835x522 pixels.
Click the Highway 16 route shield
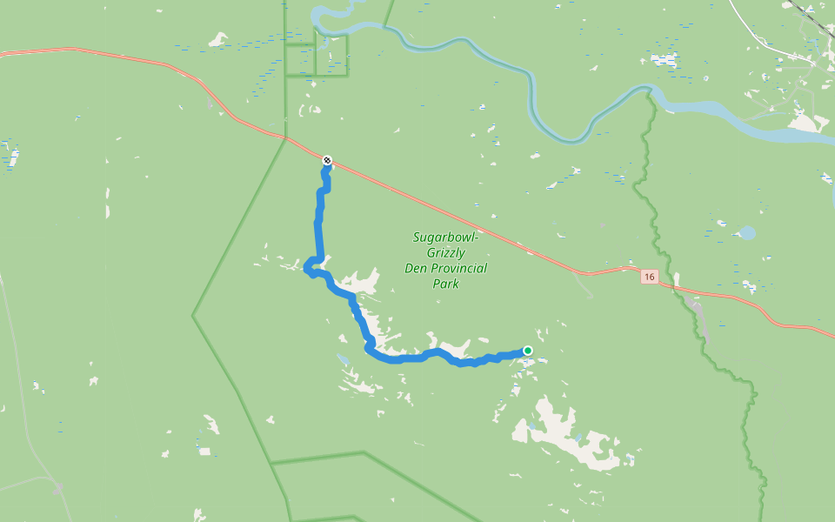click(x=649, y=277)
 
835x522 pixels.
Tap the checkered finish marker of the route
click(x=327, y=160)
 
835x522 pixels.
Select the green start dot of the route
click(x=527, y=351)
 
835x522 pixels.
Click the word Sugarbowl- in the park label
click(x=446, y=237)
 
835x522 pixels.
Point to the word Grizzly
click(x=446, y=252)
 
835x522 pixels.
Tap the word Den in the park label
click(x=414, y=268)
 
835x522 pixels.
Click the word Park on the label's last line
click(x=445, y=284)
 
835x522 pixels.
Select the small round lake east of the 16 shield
click(x=746, y=233)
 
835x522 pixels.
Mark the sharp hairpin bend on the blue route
click(x=309, y=271)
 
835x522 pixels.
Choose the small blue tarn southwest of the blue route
click(x=343, y=358)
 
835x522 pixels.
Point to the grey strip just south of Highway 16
click(x=693, y=304)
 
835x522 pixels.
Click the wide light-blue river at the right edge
click(x=783, y=130)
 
